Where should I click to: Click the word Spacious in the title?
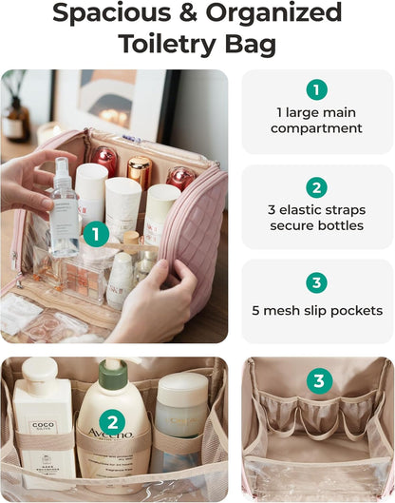tap(107, 13)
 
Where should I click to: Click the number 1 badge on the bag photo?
tap(95, 233)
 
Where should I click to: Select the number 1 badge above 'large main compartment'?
tap(317, 89)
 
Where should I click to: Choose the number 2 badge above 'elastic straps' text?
tap(317, 188)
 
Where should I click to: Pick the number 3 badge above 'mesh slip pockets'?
tap(317, 283)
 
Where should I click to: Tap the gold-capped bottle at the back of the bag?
tap(139, 172)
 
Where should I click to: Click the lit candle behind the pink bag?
tap(47, 132)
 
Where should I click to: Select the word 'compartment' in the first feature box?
tap(316, 128)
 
